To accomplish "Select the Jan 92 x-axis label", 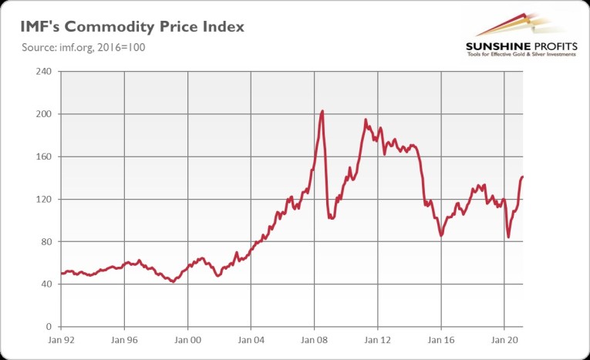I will [x=61, y=338].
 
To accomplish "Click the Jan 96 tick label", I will [x=124, y=338].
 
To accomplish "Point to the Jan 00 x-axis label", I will [x=187, y=338].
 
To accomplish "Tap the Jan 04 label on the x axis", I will [x=251, y=338].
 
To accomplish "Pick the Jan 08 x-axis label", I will [x=314, y=338].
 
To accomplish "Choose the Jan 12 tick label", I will [x=377, y=338].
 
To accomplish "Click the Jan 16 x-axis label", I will [x=440, y=338].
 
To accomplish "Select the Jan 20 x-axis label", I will [x=504, y=338].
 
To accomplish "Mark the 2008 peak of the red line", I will [x=322, y=111].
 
